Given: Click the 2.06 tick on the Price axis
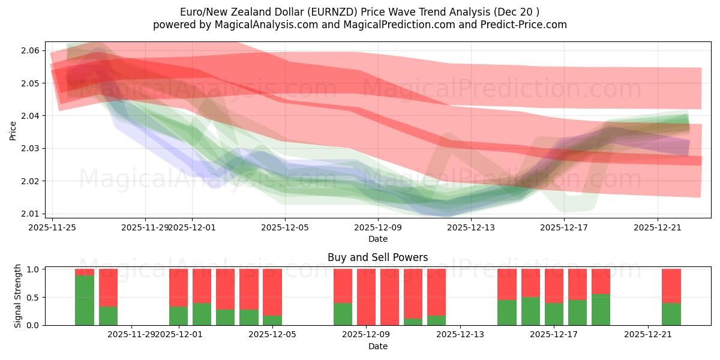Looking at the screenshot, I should (30, 50).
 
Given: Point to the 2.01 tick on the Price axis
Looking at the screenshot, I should (30, 214).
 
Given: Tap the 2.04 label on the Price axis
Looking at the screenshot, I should (30, 116).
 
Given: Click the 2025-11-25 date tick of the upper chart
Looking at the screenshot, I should (53, 227).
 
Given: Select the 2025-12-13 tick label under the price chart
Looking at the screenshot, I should (471, 227).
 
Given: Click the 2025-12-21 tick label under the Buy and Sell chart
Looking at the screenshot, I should (648, 334).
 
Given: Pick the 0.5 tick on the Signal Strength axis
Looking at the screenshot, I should (32, 298).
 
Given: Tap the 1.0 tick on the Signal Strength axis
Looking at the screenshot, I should (32, 269).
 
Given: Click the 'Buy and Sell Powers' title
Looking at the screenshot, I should (377, 257).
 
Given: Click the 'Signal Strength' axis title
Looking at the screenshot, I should (18, 296).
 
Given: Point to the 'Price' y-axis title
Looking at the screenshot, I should (13, 130).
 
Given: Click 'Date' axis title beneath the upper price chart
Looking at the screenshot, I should (377, 239).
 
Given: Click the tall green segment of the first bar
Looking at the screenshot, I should (85, 300).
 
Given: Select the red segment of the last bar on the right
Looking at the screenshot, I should (671, 286).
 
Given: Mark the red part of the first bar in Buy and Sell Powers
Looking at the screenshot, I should (85, 272).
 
